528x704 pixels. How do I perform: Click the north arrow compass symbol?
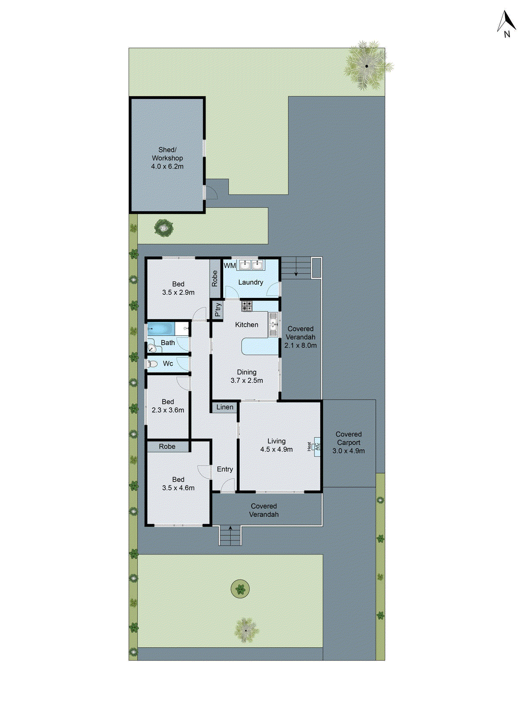506,24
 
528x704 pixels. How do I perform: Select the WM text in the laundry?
230,266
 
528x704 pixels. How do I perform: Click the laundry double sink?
251,265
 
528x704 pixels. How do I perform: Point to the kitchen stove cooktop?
247,305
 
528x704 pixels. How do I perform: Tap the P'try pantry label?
218,309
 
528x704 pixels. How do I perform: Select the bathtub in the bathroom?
161,328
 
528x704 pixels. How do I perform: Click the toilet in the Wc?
153,364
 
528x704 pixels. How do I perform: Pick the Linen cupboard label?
225,407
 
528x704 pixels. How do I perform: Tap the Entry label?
225,469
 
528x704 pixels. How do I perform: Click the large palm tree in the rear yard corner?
366,66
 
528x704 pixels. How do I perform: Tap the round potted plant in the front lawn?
240,588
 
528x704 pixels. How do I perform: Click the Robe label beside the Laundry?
215,279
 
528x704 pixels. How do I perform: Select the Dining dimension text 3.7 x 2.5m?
247,381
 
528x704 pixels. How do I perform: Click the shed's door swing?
212,192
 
